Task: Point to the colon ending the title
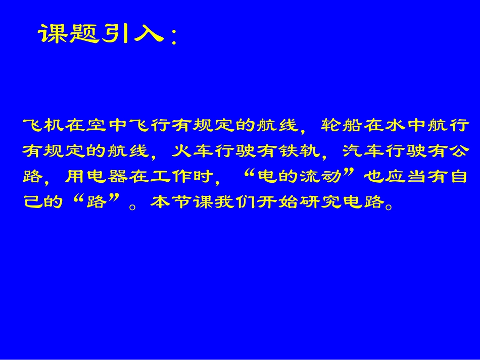coord(173,38)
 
